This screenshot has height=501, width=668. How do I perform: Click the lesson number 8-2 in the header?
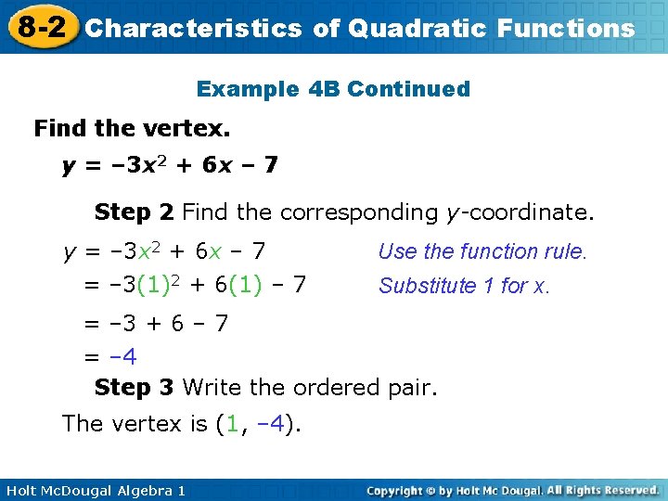(41, 26)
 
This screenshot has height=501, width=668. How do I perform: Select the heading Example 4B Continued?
(333, 89)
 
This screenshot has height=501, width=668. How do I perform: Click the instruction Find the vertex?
(132, 128)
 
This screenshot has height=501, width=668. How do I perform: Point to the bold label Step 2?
(134, 212)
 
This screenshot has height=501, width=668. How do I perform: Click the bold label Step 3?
(134, 387)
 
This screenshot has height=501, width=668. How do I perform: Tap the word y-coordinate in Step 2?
(516, 212)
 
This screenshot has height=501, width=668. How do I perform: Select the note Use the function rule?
(482, 251)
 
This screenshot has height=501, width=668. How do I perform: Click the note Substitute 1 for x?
(464, 286)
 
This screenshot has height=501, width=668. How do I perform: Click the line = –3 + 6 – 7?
(156, 324)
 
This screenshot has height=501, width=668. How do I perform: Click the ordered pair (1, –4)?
(258, 424)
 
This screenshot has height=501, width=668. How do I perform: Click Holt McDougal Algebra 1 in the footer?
(94, 490)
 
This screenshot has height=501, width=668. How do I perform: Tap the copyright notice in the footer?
(512, 490)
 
